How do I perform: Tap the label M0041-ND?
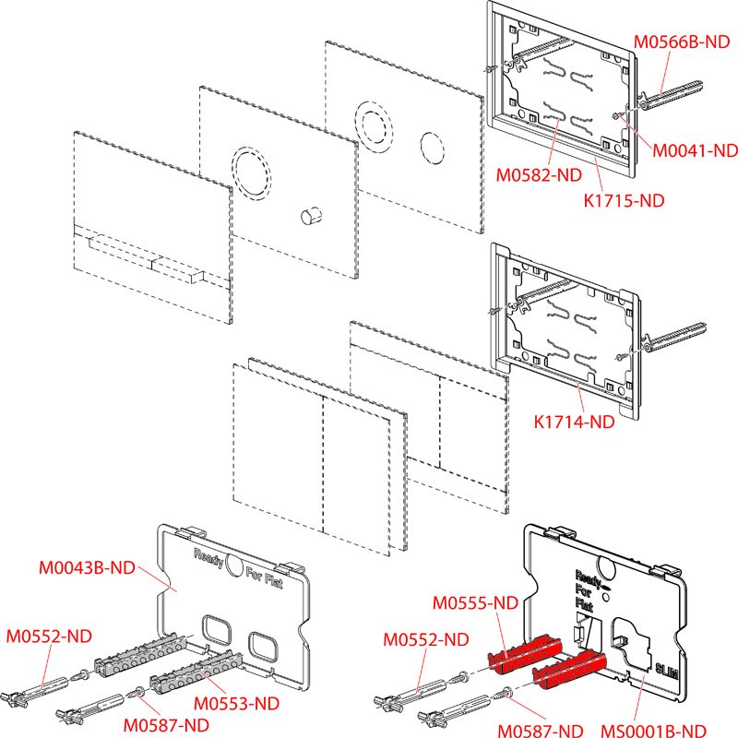695,149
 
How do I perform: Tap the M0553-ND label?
240,703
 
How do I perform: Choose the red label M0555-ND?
476,602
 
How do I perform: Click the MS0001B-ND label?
657,729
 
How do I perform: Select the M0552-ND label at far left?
49,637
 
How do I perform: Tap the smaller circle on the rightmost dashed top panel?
433,145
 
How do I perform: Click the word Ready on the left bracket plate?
208,556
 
